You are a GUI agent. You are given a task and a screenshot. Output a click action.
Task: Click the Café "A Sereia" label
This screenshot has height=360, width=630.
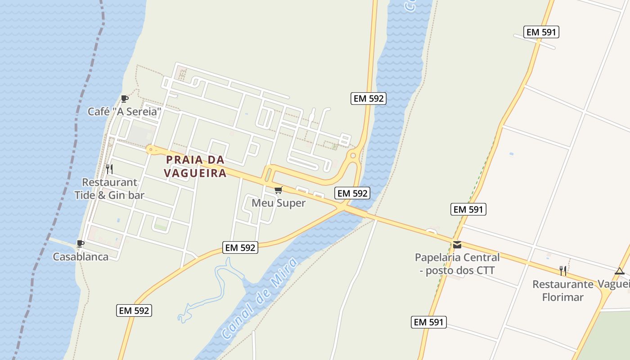[x=124, y=111]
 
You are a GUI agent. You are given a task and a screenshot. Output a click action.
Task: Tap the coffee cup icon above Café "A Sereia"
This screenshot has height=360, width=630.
[x=125, y=99]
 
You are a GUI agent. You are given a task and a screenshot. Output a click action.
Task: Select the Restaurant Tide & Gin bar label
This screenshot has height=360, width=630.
[x=109, y=189]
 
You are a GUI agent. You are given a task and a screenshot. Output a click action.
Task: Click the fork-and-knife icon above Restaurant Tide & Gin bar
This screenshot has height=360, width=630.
[x=109, y=169]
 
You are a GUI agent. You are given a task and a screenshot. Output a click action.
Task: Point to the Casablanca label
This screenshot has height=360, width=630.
[x=81, y=256]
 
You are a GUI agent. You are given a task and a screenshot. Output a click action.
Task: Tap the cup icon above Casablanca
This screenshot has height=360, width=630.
[x=81, y=244]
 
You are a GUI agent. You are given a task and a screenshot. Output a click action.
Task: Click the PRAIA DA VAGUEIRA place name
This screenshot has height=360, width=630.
[x=195, y=166]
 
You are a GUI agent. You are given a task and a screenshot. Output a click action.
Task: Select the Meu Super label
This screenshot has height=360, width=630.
[x=279, y=203]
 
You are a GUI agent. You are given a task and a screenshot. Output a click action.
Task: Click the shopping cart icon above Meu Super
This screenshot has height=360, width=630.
[x=278, y=190]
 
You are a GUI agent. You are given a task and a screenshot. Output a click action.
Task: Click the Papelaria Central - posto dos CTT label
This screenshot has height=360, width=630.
[x=457, y=264]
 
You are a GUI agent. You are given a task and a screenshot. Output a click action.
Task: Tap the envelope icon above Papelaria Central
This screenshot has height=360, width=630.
[x=457, y=245]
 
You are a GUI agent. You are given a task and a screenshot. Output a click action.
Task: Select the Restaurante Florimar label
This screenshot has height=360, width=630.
[x=562, y=291]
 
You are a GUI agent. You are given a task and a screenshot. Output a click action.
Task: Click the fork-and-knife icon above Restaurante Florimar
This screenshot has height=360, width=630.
[x=563, y=270]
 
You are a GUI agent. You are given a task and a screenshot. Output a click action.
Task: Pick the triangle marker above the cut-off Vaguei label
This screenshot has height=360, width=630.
[x=620, y=271]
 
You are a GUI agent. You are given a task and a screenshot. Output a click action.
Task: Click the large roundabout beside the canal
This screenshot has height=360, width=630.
[x=353, y=156]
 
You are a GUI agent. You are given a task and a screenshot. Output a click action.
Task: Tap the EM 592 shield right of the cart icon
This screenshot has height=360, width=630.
[x=353, y=193]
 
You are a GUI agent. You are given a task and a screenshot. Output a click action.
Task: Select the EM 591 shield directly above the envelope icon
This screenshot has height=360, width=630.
[x=468, y=209]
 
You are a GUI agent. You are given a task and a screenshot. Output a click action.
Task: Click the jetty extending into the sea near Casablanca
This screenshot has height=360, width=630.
[x=61, y=242]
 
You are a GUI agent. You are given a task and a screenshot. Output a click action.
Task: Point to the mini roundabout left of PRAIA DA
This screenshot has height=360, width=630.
[x=150, y=149]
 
